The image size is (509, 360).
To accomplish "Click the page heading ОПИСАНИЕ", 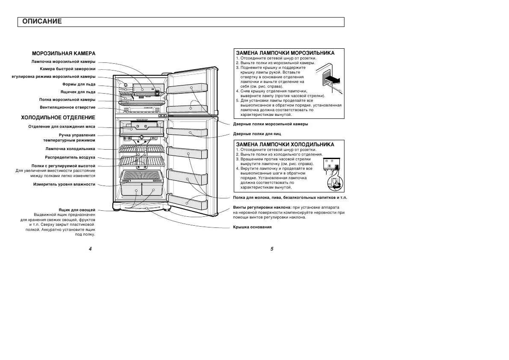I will tap(42, 21).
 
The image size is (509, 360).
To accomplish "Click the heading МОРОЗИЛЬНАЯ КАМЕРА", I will tap(64, 53).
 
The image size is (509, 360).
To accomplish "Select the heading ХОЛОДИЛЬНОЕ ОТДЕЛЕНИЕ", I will tap(58, 117).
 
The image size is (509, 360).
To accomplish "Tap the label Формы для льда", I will tap(79, 84).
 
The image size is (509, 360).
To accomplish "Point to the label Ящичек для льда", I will tap(78, 92).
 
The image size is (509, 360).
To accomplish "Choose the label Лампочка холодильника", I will tap(71, 149).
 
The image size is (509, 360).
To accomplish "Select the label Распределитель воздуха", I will tap(70, 157).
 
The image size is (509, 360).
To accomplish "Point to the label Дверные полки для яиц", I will tap(257, 134).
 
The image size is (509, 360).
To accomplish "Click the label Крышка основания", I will tap(252, 227).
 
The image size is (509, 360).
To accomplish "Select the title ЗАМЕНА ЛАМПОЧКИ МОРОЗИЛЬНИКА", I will tap(285, 53).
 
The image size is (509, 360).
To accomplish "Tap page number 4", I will tap(90, 249).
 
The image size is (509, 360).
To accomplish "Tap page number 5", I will tap(271, 249).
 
